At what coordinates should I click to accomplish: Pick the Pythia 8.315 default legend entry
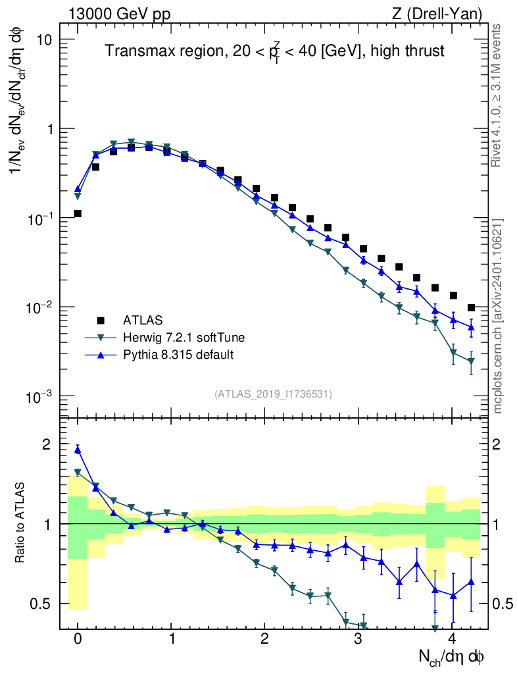click(x=178, y=355)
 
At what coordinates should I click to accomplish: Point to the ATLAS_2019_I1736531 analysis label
click(x=273, y=394)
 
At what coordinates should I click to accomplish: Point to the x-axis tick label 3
click(x=358, y=639)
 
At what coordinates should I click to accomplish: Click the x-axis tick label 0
click(x=78, y=639)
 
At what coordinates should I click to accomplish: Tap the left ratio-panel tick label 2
click(x=47, y=444)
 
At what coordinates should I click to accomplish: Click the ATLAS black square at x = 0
click(x=78, y=213)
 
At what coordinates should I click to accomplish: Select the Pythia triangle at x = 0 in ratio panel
click(x=78, y=450)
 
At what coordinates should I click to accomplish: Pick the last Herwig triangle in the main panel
click(x=471, y=361)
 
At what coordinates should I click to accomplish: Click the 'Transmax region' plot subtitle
click(x=275, y=51)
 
